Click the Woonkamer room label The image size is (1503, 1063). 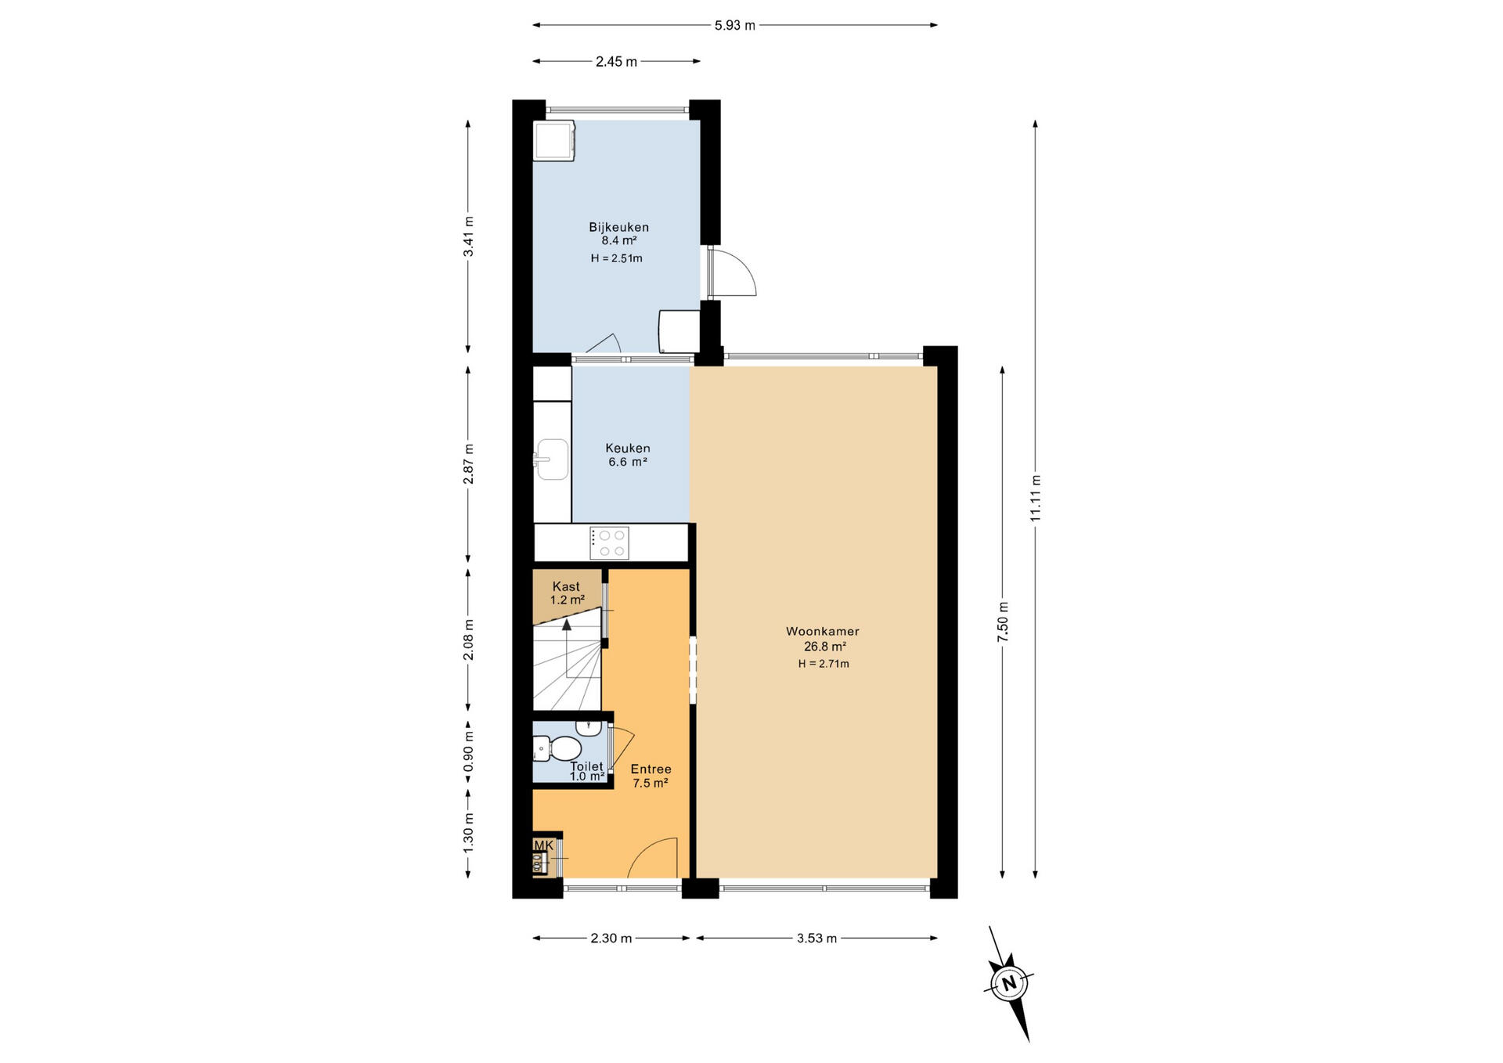pyautogui.click(x=822, y=631)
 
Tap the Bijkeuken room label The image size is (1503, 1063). pyautogui.click(x=618, y=227)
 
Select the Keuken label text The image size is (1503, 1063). pyautogui.click(x=627, y=448)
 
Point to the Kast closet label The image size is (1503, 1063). pyautogui.click(x=566, y=586)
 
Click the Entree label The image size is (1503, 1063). pyautogui.click(x=651, y=769)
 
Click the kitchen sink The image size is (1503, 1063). pyautogui.click(x=552, y=458)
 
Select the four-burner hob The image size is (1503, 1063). pyautogui.click(x=609, y=542)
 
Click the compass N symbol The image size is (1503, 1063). pyautogui.click(x=1009, y=983)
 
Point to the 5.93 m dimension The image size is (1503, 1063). pyautogui.click(x=735, y=25)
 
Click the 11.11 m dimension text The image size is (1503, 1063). pyautogui.click(x=1035, y=499)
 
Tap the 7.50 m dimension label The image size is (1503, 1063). pyautogui.click(x=1003, y=622)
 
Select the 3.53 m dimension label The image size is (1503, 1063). pyautogui.click(x=816, y=938)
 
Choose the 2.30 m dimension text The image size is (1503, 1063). pyautogui.click(x=611, y=938)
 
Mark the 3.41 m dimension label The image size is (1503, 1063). pyautogui.click(x=468, y=236)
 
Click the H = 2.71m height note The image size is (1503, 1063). pyautogui.click(x=824, y=664)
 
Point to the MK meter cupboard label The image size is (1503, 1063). pyautogui.click(x=543, y=845)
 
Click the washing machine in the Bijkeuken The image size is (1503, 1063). pyautogui.click(x=554, y=141)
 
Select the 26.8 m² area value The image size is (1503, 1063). pyautogui.click(x=824, y=647)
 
